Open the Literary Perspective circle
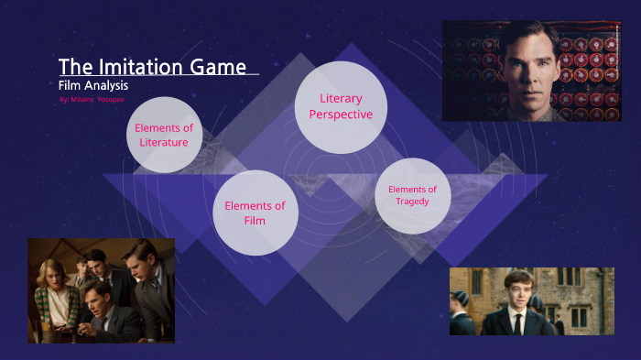click(341, 106)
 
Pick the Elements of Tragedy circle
click(412, 195)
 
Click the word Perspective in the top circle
click(341, 115)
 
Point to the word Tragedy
click(412, 201)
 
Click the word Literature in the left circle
click(164, 142)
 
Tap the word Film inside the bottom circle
click(255, 220)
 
